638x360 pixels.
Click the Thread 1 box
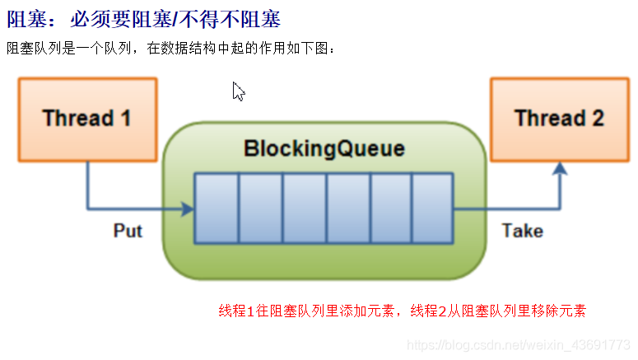point(86,119)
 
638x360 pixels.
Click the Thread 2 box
point(559,119)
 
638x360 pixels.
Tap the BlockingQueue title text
point(324,149)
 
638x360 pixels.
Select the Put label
point(128,231)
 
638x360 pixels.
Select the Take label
point(522,231)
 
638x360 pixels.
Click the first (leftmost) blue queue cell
point(217,208)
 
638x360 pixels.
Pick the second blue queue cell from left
point(260,208)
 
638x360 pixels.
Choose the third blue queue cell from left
point(304,208)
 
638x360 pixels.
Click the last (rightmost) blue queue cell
point(432,208)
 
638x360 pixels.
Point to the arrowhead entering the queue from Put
point(189,209)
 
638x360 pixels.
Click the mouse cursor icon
point(238,91)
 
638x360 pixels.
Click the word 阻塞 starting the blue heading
point(24,18)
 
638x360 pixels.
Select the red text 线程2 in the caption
point(428,311)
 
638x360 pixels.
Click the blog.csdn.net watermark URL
point(519,344)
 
